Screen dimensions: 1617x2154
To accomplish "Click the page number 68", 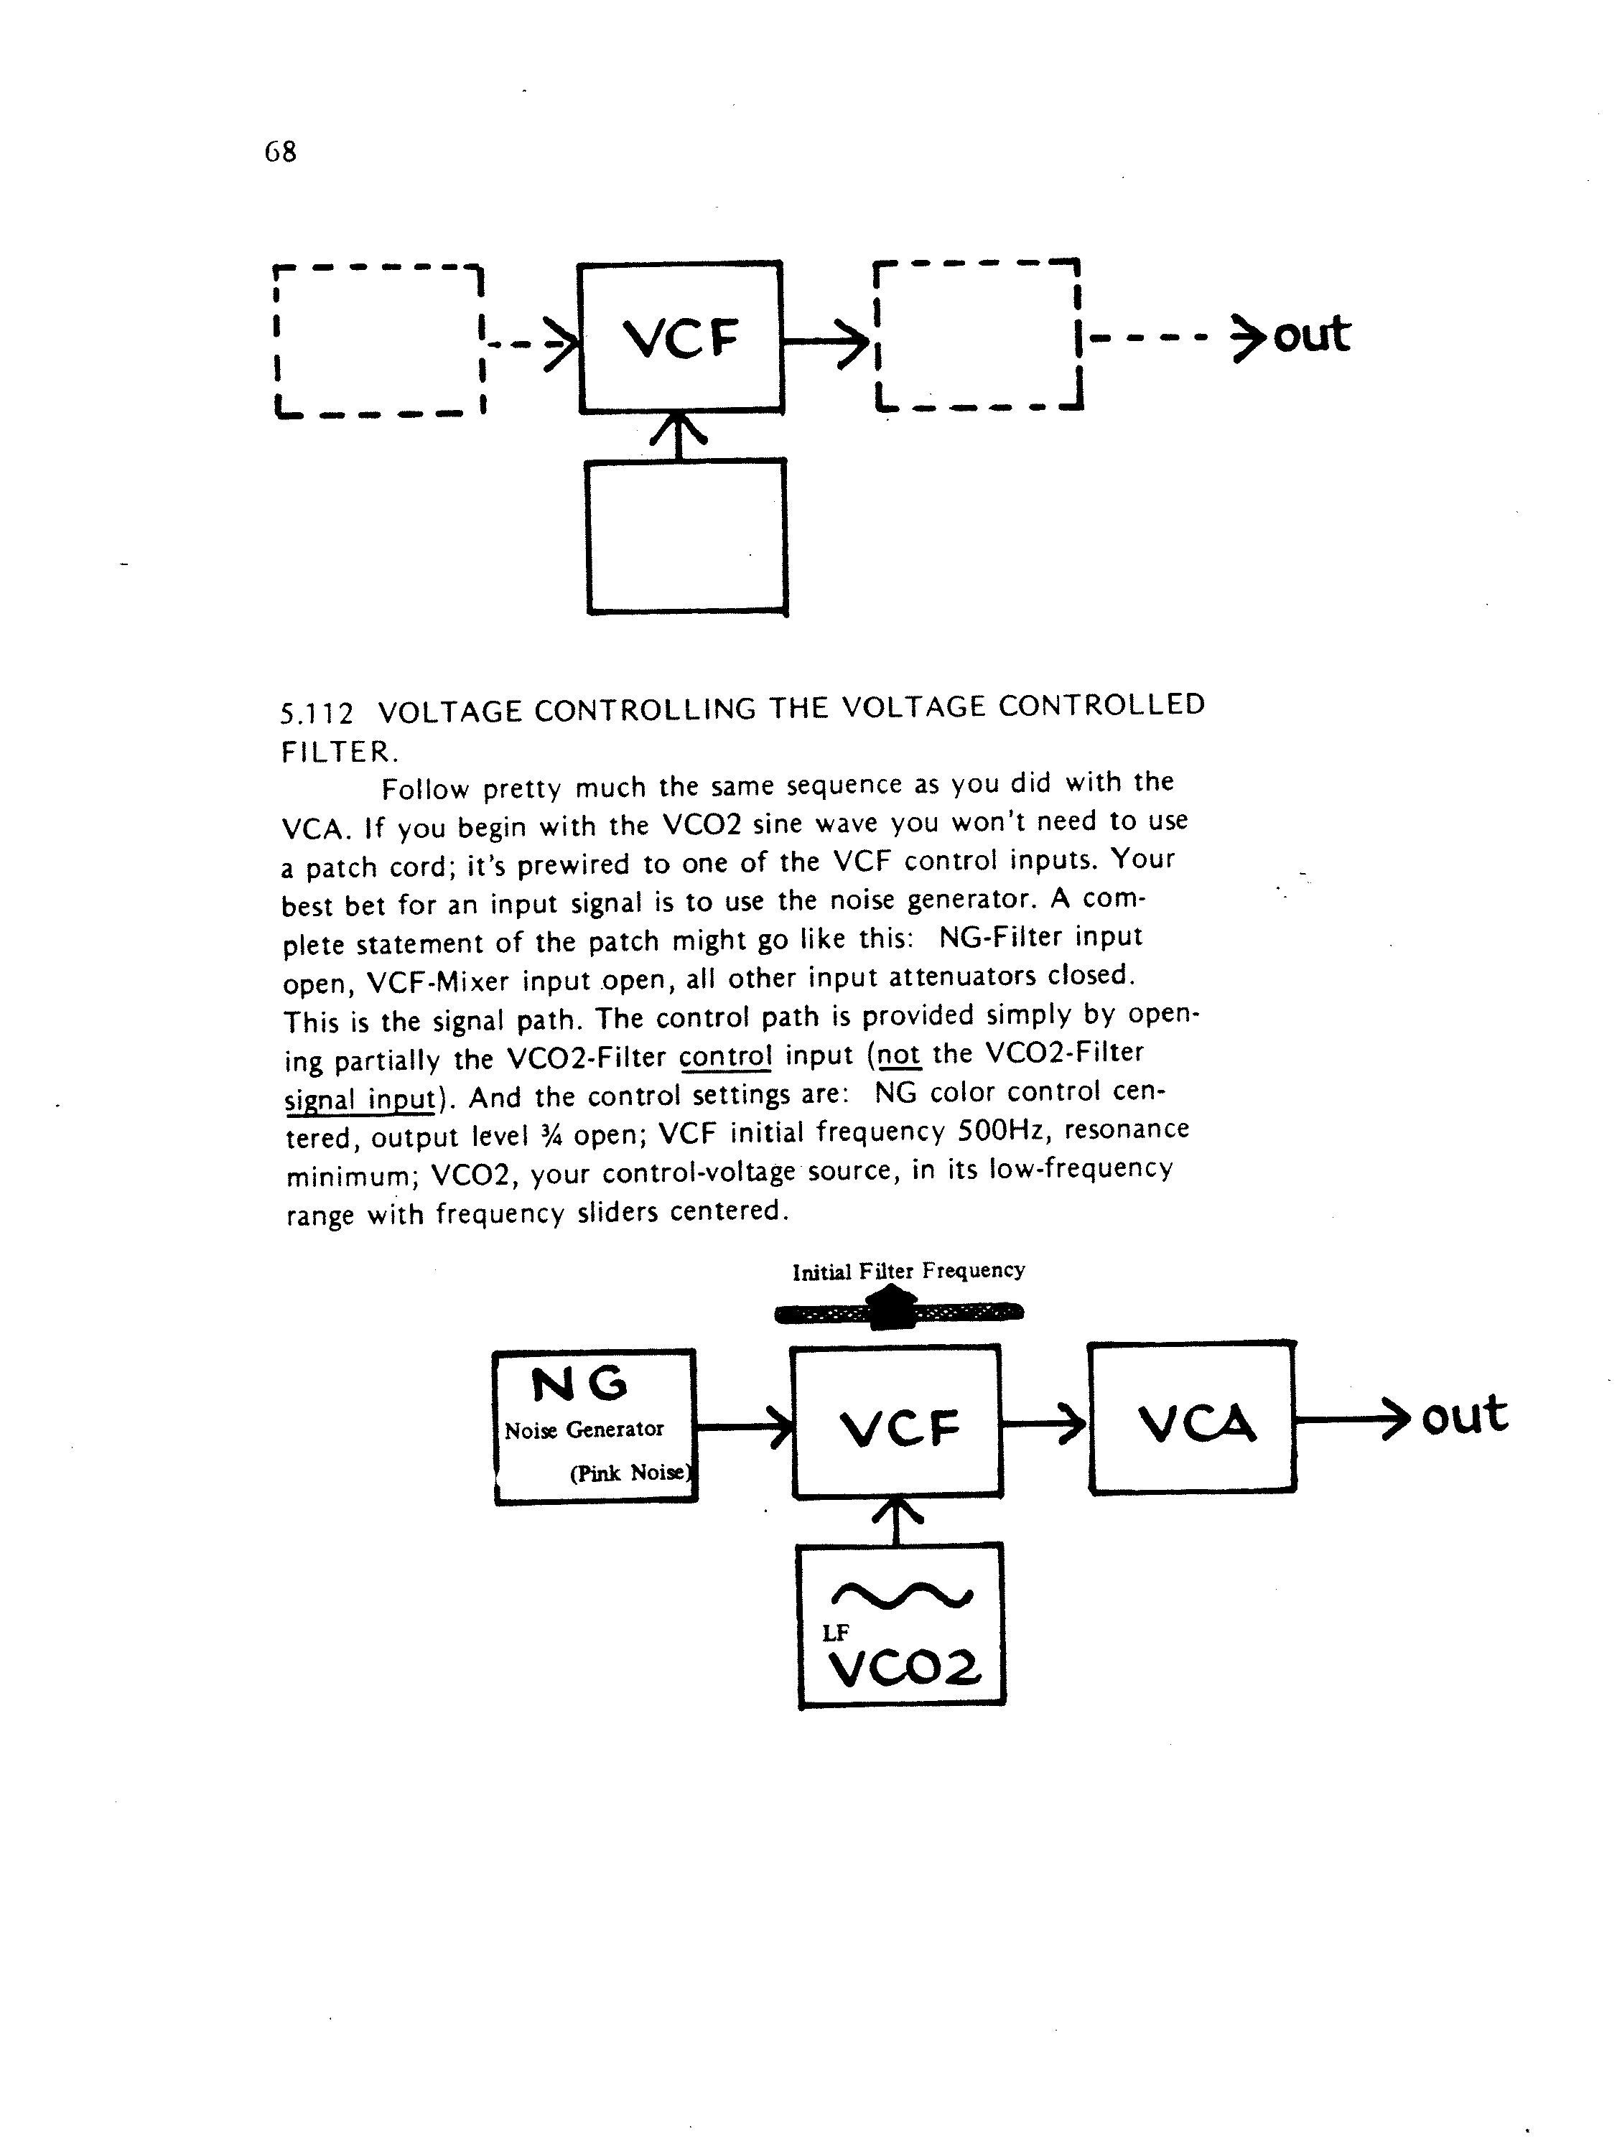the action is tap(281, 152).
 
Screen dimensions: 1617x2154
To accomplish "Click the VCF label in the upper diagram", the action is tap(681, 338).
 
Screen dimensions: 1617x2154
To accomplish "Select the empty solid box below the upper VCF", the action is tap(686, 536).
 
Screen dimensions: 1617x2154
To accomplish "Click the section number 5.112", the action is tap(317, 714).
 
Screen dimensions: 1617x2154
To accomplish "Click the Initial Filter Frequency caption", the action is tap(908, 1271).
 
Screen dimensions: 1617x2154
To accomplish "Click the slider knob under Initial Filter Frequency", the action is tap(893, 1307).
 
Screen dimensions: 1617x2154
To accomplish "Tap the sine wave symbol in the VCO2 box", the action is tap(901, 1594).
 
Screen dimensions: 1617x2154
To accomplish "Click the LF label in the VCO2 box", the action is tap(836, 1633).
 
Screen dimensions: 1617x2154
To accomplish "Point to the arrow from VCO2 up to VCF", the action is tap(895, 1520).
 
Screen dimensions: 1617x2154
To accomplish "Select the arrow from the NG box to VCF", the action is tap(743, 1427).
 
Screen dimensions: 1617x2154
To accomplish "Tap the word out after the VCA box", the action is tap(1464, 1415).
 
